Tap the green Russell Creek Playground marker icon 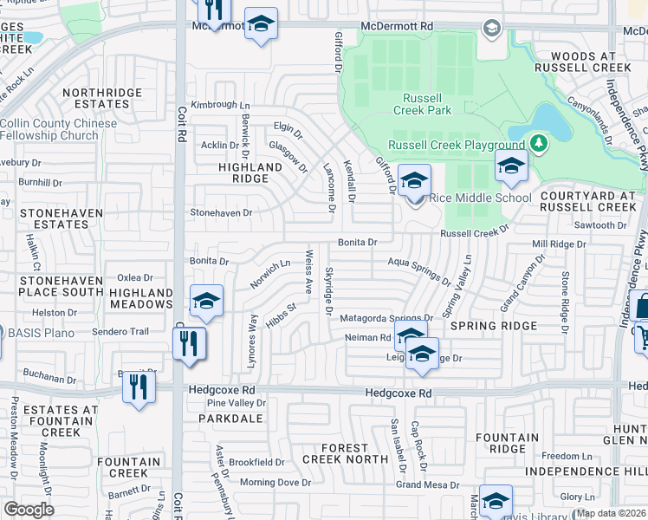coord(539,142)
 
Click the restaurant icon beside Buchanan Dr coord(138,386)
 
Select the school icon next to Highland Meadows coord(207,301)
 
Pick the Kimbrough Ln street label coord(214,105)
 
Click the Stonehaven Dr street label coord(221,211)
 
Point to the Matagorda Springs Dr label coord(386,318)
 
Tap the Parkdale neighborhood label coord(225,418)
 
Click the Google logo coord(29,509)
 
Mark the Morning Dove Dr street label coord(275,482)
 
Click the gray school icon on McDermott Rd coord(491,30)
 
